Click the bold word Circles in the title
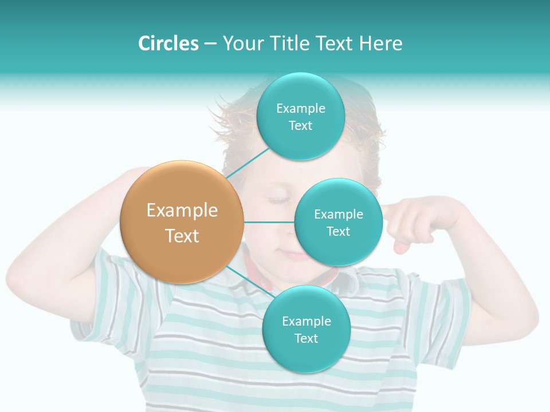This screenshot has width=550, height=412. (x=168, y=43)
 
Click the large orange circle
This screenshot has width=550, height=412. (x=182, y=222)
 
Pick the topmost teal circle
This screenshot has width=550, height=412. (x=300, y=116)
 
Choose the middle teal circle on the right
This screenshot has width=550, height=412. (x=338, y=222)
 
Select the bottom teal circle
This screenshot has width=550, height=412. (x=306, y=329)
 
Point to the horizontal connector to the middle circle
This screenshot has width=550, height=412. (x=269, y=222)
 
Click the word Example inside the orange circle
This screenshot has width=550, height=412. (x=182, y=211)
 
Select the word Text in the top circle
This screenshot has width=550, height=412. (x=300, y=126)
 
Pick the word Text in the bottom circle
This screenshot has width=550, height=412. (x=306, y=339)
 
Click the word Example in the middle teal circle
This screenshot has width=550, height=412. (x=338, y=215)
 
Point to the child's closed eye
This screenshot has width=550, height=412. (x=280, y=200)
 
